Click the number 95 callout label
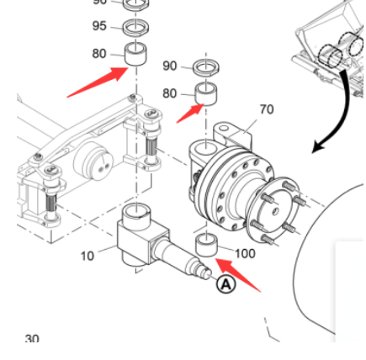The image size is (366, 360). (99, 26)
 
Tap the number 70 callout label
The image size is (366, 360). (267, 109)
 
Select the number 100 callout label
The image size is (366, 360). (245, 253)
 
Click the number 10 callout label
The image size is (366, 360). (88, 256)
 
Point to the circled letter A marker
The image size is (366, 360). (226, 284)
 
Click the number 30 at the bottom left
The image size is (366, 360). (32, 339)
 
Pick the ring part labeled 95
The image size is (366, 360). (135, 28)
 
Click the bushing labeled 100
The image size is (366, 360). (207, 246)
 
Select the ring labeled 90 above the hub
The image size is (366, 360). (206, 67)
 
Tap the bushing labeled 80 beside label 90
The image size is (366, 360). (206, 94)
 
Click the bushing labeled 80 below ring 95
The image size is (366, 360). (135, 54)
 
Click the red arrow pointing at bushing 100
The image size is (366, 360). (238, 275)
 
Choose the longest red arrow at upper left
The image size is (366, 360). (98, 82)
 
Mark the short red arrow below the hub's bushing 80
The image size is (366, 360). (190, 114)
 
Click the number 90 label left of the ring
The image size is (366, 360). (170, 66)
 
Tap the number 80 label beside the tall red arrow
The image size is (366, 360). (99, 54)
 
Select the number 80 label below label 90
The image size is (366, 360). (170, 93)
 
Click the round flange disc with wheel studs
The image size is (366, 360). (272, 209)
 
